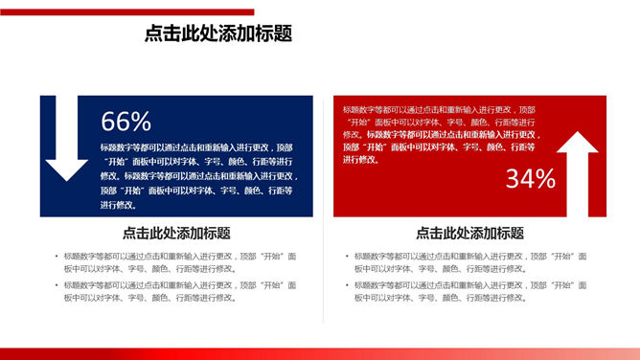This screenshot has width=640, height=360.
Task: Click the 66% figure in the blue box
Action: pos(126,122)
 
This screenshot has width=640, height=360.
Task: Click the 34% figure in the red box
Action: pos(531,178)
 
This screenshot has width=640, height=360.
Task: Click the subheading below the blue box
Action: pos(176,233)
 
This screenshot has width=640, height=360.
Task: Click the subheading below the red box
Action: pos(469,233)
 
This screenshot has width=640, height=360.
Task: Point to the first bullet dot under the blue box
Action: pos(56,257)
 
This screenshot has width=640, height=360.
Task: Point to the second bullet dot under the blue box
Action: pos(56,285)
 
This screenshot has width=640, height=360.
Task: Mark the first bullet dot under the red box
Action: pos(346,257)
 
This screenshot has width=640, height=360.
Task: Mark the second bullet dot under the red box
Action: pos(346,285)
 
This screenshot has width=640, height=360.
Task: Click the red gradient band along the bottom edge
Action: pos(320,353)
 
